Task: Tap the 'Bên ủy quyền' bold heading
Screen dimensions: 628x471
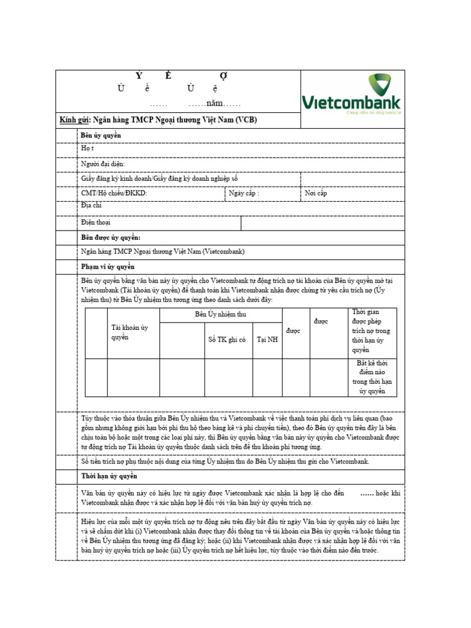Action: (x=101, y=135)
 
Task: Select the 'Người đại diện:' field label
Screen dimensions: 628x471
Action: (x=102, y=164)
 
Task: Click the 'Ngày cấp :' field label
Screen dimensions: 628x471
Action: (x=243, y=193)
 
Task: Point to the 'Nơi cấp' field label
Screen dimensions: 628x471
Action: (x=316, y=193)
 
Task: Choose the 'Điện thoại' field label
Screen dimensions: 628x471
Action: (x=96, y=223)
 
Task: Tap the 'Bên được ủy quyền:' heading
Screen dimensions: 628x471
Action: (x=111, y=237)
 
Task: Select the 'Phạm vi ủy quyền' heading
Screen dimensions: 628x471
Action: (x=108, y=267)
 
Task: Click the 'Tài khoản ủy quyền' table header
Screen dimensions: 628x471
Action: (x=129, y=332)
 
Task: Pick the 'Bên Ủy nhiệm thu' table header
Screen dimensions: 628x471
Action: (x=221, y=315)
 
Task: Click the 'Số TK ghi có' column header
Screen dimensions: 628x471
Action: (x=227, y=339)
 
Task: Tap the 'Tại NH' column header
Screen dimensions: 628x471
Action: (x=267, y=339)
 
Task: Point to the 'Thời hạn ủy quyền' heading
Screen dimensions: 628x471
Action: (x=109, y=476)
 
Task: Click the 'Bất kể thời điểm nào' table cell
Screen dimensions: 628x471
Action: (x=372, y=377)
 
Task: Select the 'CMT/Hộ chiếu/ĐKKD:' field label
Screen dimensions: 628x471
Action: (x=114, y=193)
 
